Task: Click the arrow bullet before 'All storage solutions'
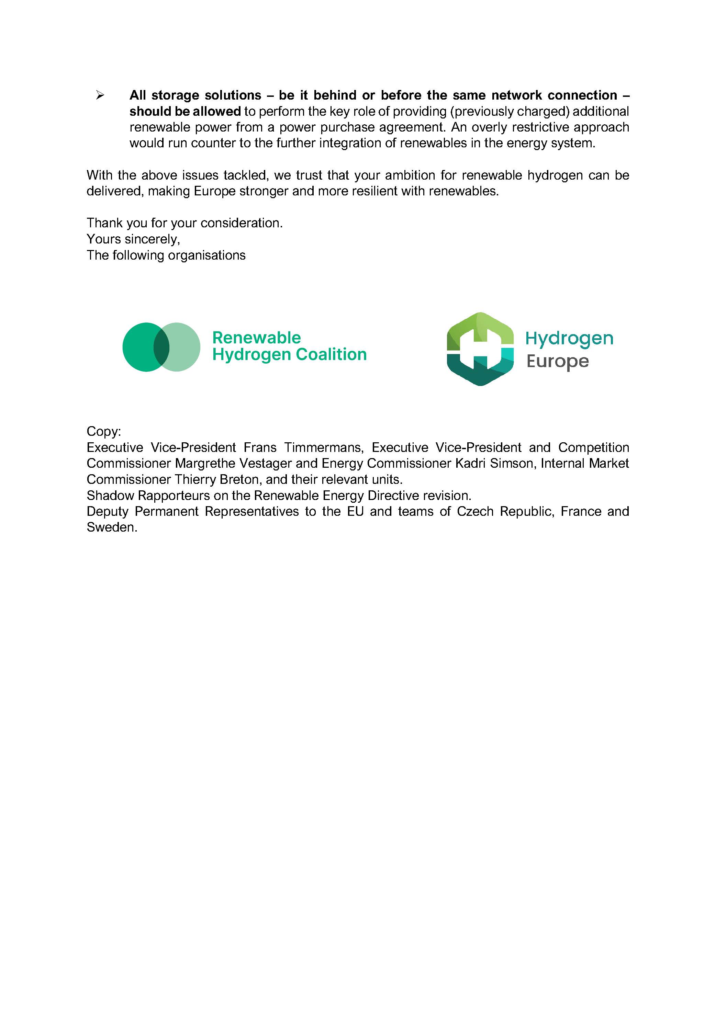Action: (x=100, y=95)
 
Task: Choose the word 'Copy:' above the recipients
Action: (x=104, y=431)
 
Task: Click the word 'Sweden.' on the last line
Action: (x=112, y=527)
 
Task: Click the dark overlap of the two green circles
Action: (x=161, y=347)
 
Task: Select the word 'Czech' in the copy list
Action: (x=475, y=511)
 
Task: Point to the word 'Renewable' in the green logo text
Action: (x=257, y=338)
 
